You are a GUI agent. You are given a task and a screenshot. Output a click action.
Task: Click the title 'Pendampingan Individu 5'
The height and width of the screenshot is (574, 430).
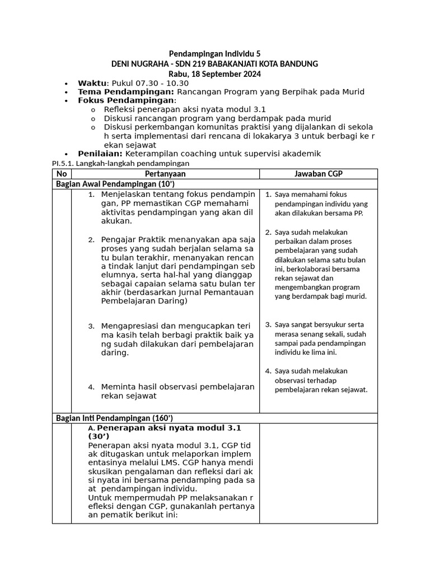214,54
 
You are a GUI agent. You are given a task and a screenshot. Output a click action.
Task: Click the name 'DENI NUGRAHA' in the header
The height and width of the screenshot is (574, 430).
139,64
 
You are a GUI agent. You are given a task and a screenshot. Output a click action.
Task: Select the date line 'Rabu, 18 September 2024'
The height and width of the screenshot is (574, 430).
214,74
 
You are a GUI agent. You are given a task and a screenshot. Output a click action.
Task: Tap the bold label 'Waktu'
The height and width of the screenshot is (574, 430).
91,83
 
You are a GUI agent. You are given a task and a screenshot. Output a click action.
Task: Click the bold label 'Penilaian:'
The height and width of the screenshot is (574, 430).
100,154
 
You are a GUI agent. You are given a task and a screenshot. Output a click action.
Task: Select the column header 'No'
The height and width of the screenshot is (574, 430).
62,174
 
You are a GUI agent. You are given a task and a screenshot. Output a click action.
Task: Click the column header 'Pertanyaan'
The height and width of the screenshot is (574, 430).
165,174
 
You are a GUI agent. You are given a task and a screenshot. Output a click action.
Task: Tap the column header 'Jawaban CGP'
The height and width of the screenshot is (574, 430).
318,174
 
